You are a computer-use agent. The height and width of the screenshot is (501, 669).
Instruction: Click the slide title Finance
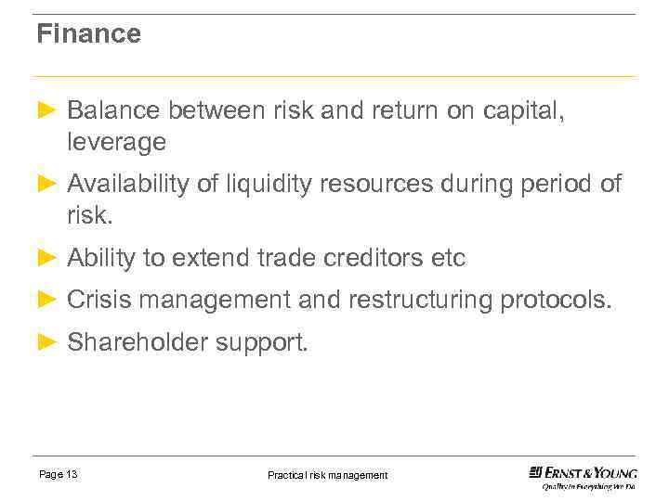point(88,34)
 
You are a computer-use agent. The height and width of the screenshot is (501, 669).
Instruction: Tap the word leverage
point(116,142)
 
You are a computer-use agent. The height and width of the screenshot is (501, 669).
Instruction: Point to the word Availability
point(128,185)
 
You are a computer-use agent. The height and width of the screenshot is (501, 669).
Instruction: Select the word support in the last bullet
point(261,343)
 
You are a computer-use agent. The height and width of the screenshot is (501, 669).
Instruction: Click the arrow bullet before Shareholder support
point(46,342)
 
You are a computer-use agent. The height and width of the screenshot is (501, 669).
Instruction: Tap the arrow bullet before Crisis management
point(46,300)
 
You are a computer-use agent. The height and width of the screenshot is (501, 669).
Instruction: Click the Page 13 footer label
point(58,474)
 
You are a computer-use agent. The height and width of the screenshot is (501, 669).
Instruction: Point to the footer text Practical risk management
point(327,475)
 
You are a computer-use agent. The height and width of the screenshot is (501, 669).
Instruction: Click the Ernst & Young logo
point(583,476)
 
